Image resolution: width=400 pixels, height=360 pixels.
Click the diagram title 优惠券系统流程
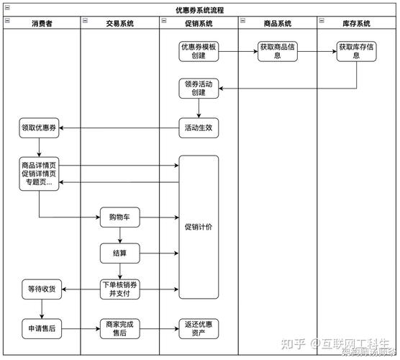click(199, 10)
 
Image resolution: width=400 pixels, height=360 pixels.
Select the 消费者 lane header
click(41, 24)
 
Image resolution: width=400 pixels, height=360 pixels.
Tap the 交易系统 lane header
click(119, 24)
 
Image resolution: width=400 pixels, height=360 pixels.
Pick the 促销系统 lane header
click(199, 24)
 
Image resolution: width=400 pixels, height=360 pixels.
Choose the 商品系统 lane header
click(278, 24)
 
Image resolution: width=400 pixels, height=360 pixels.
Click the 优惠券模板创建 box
click(199, 51)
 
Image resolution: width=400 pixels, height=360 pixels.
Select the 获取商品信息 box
click(278, 51)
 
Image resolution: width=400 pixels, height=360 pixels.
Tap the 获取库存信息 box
click(357, 51)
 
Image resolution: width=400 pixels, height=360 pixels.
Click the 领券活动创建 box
click(199, 89)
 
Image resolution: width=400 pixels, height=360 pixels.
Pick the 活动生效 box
click(199, 128)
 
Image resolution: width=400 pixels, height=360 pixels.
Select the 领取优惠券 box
click(39, 128)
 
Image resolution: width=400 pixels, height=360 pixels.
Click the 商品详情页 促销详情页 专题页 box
click(39, 174)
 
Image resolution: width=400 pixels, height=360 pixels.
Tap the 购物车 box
click(119, 217)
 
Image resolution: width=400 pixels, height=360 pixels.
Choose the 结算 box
click(119, 253)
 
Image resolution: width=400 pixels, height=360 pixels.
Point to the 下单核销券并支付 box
click(119, 289)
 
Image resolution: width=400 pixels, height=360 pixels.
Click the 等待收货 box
click(41, 289)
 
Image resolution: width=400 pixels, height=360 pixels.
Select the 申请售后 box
click(41, 329)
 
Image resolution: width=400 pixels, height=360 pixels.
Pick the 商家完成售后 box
click(119, 329)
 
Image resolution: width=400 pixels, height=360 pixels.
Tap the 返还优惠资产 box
click(199, 329)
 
